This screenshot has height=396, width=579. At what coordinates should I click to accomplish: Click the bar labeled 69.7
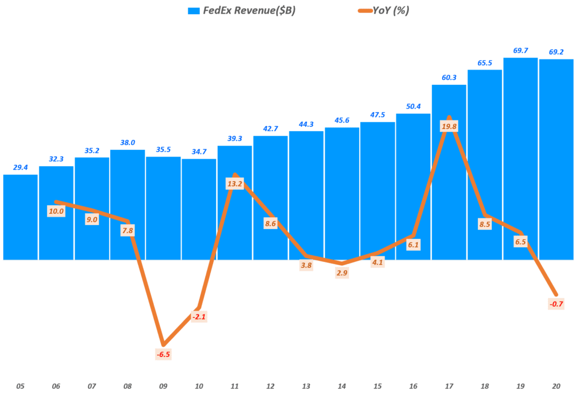coord(520,158)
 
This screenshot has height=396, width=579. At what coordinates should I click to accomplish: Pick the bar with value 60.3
coord(449,170)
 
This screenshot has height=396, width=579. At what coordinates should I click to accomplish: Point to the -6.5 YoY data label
coord(163,354)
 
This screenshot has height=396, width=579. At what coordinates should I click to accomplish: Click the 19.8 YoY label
coord(448,127)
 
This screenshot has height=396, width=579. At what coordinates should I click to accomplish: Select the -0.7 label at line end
coord(556,304)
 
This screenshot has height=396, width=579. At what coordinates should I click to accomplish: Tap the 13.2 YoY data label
coord(235,184)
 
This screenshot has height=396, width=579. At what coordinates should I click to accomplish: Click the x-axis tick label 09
coord(163,386)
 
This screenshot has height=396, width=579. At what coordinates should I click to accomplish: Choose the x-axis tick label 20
coord(555,386)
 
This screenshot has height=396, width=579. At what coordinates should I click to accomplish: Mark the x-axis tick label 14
coord(342,386)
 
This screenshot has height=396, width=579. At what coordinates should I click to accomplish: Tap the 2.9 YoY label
coord(342,273)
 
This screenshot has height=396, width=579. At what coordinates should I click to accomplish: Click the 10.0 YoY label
coord(57,211)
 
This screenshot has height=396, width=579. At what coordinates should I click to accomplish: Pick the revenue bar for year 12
coord(270,198)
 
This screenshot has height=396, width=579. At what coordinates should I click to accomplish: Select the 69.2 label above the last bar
coord(556,52)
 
